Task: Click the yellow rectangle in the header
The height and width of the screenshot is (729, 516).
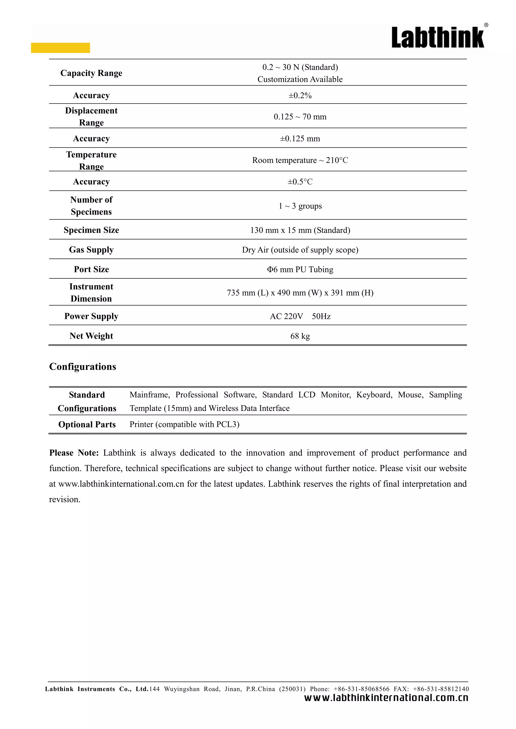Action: click(x=60, y=48)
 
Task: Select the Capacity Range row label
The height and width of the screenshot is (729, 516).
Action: click(x=91, y=73)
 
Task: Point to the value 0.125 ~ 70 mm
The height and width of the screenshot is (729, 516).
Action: click(x=300, y=117)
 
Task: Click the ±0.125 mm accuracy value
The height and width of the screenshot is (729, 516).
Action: click(x=300, y=139)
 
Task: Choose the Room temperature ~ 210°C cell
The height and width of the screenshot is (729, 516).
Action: click(x=300, y=160)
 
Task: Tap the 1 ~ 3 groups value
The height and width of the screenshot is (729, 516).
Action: click(x=300, y=206)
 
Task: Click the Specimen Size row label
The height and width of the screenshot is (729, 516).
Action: click(x=91, y=230)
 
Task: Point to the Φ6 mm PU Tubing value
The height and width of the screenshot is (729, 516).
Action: click(x=300, y=270)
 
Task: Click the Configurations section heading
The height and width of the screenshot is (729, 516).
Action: click(x=83, y=367)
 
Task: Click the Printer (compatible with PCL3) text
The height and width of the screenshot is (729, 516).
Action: click(x=184, y=424)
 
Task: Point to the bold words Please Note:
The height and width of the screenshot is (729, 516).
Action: click(x=74, y=453)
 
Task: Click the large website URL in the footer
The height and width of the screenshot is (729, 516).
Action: click(x=386, y=698)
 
